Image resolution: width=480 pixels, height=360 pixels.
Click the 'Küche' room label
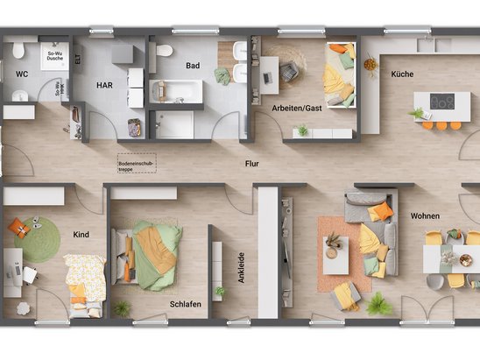click(402, 75)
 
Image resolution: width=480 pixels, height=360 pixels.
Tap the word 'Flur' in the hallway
click(251, 164)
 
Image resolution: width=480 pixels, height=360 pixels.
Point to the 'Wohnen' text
click(425, 215)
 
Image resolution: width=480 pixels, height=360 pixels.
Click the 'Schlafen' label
click(186, 304)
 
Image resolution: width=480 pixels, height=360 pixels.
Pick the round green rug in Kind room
click(39, 239)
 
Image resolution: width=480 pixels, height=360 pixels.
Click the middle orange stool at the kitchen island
click(442, 125)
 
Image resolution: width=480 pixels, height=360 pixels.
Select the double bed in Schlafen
click(149, 253)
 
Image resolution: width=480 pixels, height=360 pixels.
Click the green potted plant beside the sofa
click(379, 304)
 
